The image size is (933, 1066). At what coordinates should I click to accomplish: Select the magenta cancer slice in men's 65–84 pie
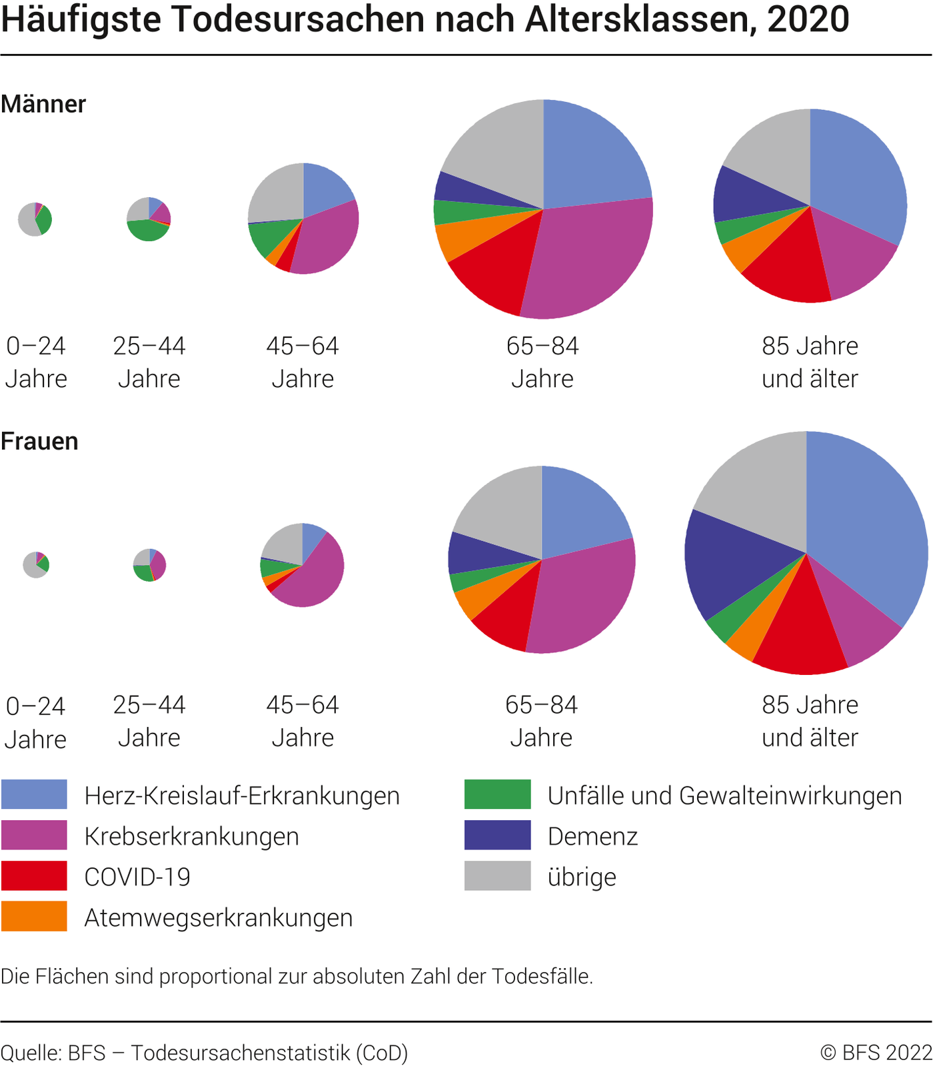(586, 260)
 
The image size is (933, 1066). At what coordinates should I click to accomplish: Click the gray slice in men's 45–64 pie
(277, 193)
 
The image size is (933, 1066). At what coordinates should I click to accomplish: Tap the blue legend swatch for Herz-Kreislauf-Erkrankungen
(34, 794)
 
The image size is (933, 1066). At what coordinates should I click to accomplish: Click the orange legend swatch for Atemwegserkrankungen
(34, 916)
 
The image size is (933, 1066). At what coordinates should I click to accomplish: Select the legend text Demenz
(592, 836)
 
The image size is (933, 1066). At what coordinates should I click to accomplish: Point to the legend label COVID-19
(137, 877)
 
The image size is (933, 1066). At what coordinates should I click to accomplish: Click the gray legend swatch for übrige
(497, 875)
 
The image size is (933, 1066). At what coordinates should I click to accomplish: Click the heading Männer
(43, 105)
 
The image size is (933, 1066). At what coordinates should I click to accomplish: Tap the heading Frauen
(39, 442)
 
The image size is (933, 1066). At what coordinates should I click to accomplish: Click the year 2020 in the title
(808, 20)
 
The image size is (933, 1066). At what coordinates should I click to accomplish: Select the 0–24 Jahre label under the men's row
(36, 362)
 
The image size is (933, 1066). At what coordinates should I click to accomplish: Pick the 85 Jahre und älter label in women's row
(810, 721)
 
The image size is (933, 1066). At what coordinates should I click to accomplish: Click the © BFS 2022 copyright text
(876, 1053)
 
